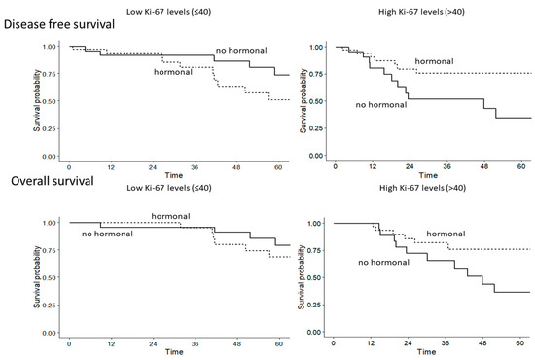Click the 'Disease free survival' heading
[70, 25]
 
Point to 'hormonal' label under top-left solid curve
[172, 72]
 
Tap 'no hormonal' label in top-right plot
[384, 105]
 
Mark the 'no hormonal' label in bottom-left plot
[109, 234]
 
